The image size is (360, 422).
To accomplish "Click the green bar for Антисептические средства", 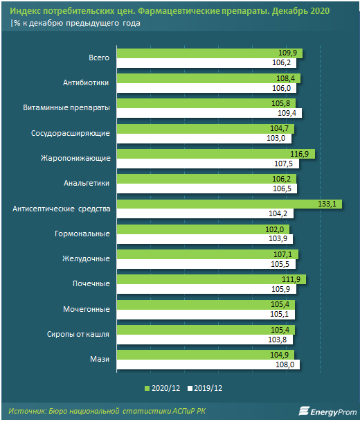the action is [229, 204].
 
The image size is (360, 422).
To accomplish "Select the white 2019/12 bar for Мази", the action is [208, 364].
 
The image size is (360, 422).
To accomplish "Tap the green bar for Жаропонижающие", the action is [216, 154].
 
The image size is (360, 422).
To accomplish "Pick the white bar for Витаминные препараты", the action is [210, 113].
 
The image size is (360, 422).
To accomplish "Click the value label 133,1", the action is [327, 204].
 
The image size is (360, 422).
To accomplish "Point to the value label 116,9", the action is [299, 154].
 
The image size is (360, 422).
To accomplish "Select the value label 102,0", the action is [275, 229].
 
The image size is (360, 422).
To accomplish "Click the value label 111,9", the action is [291, 279].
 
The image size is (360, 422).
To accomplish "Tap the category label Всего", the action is [99, 58].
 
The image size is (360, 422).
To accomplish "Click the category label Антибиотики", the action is [86, 82].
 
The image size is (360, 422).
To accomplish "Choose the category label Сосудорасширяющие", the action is [71, 133].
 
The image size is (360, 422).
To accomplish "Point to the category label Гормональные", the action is [82, 234].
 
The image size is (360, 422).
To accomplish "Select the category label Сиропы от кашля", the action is [78, 334].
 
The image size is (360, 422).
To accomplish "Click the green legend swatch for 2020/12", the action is [147, 388].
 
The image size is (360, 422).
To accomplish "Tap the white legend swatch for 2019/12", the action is [190, 388].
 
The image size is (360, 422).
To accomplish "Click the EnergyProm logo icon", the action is [303, 411].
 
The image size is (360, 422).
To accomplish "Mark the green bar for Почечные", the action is [211, 279].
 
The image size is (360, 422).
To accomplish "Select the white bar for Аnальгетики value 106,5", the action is [207, 188].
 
